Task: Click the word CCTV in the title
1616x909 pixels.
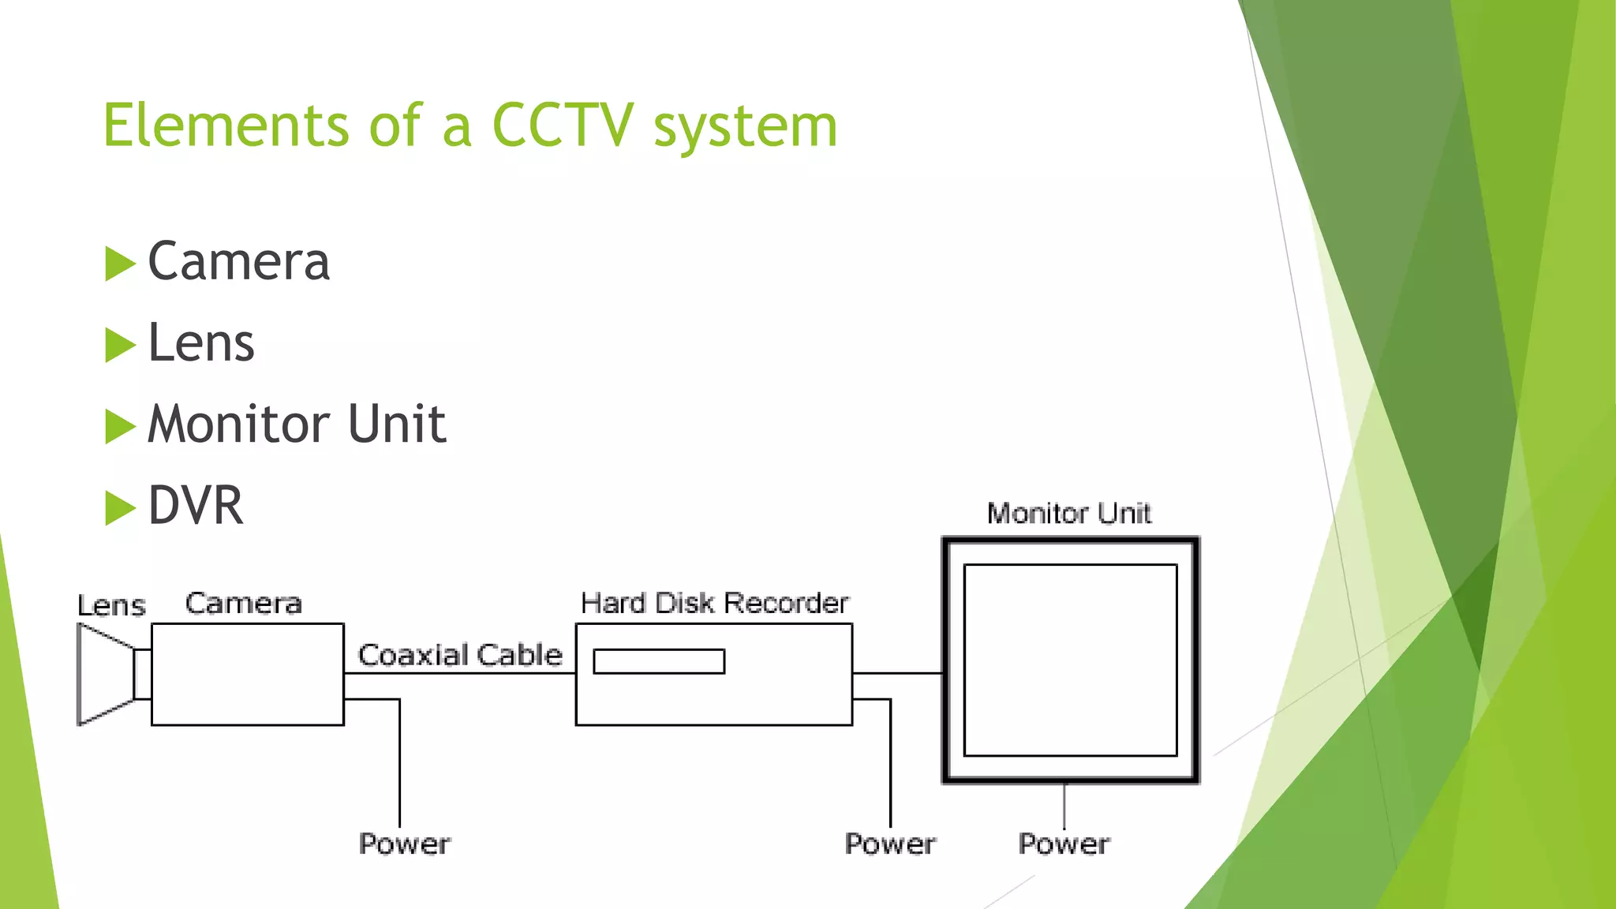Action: pyautogui.click(x=562, y=126)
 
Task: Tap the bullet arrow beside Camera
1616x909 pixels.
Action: pyautogui.click(x=120, y=264)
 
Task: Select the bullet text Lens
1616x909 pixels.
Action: pyautogui.click(x=201, y=343)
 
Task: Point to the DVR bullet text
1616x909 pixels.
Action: pyautogui.click(x=196, y=506)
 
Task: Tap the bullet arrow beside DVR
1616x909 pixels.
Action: pyautogui.click(x=120, y=507)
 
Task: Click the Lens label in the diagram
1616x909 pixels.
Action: pyautogui.click(x=111, y=606)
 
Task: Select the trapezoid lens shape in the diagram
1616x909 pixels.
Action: pyautogui.click(x=103, y=675)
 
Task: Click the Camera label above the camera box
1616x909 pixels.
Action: pyautogui.click(x=243, y=604)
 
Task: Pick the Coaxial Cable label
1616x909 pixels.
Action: pyautogui.click(x=460, y=655)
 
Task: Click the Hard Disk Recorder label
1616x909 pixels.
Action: pyautogui.click(x=714, y=604)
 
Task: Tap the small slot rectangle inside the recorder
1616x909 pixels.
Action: pyautogui.click(x=659, y=661)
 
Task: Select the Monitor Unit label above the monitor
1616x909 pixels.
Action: pyautogui.click(x=1069, y=514)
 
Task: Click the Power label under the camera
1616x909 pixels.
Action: pyautogui.click(x=404, y=844)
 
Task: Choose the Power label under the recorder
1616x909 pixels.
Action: pyautogui.click(x=890, y=844)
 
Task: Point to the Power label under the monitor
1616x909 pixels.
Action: pyautogui.click(x=1064, y=844)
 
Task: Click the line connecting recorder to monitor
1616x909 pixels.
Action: pyautogui.click(x=898, y=673)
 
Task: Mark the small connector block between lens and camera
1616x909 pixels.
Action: pyautogui.click(x=143, y=674)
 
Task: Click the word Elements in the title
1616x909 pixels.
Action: pyautogui.click(x=226, y=126)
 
